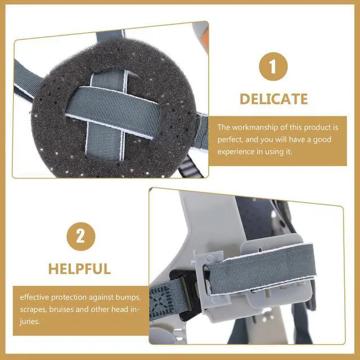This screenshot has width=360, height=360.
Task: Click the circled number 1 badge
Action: click(x=273, y=66)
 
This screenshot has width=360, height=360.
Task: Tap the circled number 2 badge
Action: click(x=81, y=236)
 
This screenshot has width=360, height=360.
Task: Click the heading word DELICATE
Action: click(x=274, y=99)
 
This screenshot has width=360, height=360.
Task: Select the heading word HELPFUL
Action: click(x=79, y=269)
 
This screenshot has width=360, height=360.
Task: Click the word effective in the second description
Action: click(x=34, y=298)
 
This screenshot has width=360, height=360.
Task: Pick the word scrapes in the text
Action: click(x=33, y=310)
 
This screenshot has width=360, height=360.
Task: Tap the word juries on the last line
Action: click(x=30, y=322)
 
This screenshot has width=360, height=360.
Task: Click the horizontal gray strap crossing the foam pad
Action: click(x=112, y=112)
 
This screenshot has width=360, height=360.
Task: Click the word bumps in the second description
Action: click(x=128, y=298)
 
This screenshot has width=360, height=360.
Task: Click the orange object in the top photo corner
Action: click(x=205, y=40)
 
